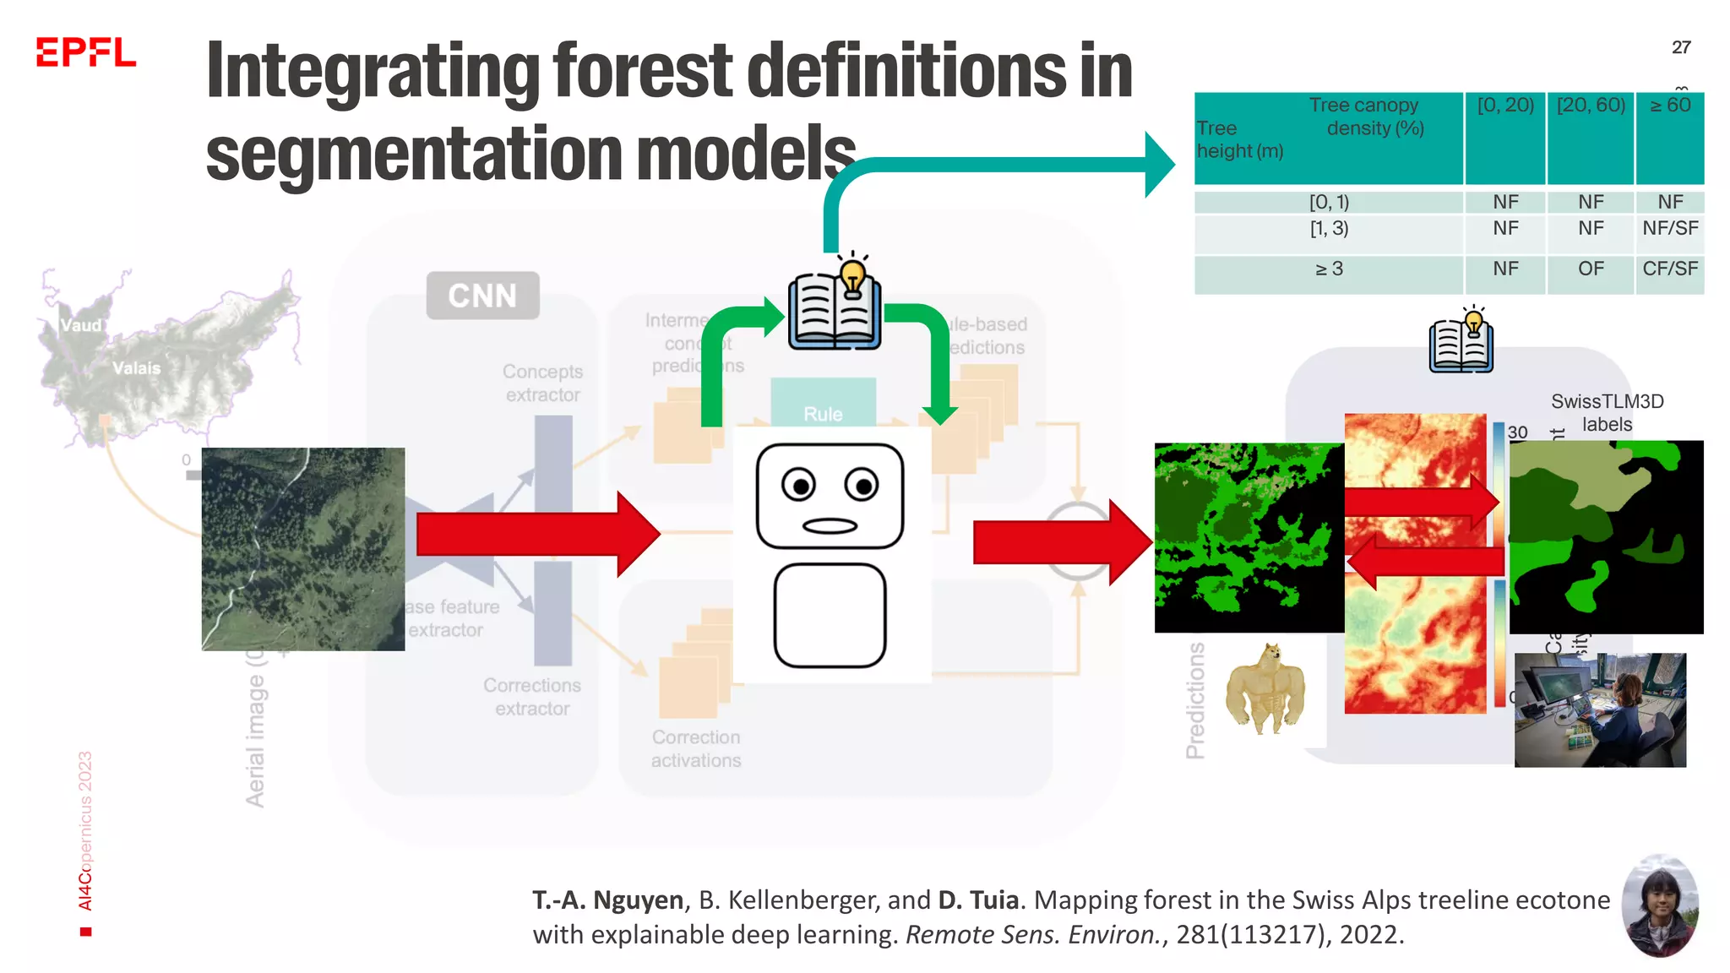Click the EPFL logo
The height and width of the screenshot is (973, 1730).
(85, 52)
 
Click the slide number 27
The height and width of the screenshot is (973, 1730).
(1681, 47)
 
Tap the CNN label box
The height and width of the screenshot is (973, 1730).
(482, 296)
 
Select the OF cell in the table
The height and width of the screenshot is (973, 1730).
(1591, 269)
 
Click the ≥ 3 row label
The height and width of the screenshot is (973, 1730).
(1329, 269)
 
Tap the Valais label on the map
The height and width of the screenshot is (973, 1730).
(137, 368)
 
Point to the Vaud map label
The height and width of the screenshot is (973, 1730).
(81, 325)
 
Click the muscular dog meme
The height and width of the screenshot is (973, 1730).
(1265, 688)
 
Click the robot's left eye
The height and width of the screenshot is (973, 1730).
(798, 486)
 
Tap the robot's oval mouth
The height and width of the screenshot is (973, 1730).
(830, 526)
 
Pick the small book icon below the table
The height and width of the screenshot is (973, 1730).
(1461, 342)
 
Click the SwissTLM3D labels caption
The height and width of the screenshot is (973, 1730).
(1607, 412)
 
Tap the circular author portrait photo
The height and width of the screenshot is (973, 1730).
(1660, 906)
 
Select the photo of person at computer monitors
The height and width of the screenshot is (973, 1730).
(1600, 709)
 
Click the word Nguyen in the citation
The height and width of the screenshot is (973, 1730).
(638, 900)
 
